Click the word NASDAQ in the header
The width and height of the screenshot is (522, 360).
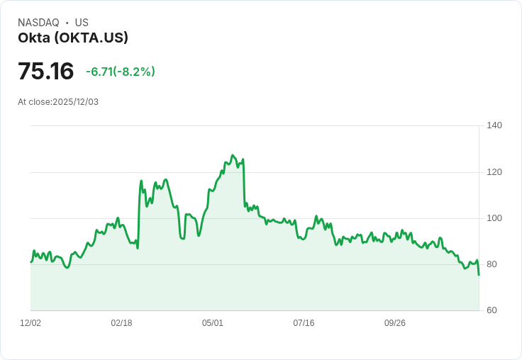coord(38,23)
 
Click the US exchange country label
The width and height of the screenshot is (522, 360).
coord(82,23)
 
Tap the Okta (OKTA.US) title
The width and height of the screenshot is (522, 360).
coord(73,38)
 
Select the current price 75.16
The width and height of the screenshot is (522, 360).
coord(45,72)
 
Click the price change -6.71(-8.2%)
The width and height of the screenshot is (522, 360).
coord(121,72)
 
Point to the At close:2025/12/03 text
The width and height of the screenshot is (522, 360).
coord(58,102)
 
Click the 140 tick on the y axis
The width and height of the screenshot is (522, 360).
coord(494,125)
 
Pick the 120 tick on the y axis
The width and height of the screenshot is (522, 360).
coord(494,172)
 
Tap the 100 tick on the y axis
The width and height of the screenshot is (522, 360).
coord(494,218)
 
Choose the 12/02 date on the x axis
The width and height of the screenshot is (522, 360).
coord(30,323)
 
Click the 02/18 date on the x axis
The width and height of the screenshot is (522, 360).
coord(121,323)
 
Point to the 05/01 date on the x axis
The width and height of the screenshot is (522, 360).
coord(213,323)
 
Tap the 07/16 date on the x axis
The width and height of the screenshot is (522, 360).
coord(304,323)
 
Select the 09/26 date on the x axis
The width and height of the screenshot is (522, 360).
coord(395,323)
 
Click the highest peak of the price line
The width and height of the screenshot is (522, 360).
coord(232,155)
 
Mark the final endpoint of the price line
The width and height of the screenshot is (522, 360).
coord(479,275)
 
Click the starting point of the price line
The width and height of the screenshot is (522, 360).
coord(30,262)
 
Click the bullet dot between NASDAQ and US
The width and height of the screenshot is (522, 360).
coord(67,23)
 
